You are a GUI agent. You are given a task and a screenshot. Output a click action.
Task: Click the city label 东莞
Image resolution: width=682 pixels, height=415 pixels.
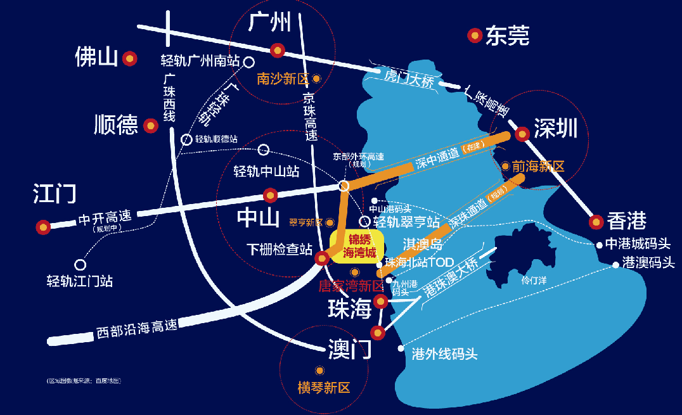click(508, 35)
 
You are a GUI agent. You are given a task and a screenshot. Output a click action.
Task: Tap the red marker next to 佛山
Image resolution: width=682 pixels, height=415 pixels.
click(130, 59)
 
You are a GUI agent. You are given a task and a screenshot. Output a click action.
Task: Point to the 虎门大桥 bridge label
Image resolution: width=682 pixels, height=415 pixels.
click(409, 80)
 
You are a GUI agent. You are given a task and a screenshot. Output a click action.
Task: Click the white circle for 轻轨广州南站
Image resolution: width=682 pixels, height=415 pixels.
click(249, 62)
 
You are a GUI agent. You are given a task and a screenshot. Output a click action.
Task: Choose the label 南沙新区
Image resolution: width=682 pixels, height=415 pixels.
click(283, 79)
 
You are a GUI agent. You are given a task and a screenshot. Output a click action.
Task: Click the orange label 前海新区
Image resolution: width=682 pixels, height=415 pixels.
click(538, 166)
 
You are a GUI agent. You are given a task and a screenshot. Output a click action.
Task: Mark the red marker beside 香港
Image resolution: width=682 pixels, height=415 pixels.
click(596, 222)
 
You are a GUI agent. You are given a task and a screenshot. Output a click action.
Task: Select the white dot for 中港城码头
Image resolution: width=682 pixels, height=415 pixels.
click(599, 245)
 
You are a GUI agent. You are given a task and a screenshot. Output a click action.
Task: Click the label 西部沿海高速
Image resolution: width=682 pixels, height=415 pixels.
click(136, 329)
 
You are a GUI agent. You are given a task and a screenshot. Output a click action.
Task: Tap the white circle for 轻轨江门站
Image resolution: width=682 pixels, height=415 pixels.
click(80, 265)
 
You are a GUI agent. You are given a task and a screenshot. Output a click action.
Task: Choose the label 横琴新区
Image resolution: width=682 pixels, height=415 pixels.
click(324, 387)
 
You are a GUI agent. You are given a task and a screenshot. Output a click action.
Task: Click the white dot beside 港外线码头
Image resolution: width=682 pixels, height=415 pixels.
click(401, 348)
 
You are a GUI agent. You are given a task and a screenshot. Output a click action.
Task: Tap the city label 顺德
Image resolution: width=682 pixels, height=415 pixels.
click(115, 125)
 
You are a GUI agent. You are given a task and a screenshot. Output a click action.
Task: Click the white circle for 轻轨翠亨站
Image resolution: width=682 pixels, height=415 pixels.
click(364, 222)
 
